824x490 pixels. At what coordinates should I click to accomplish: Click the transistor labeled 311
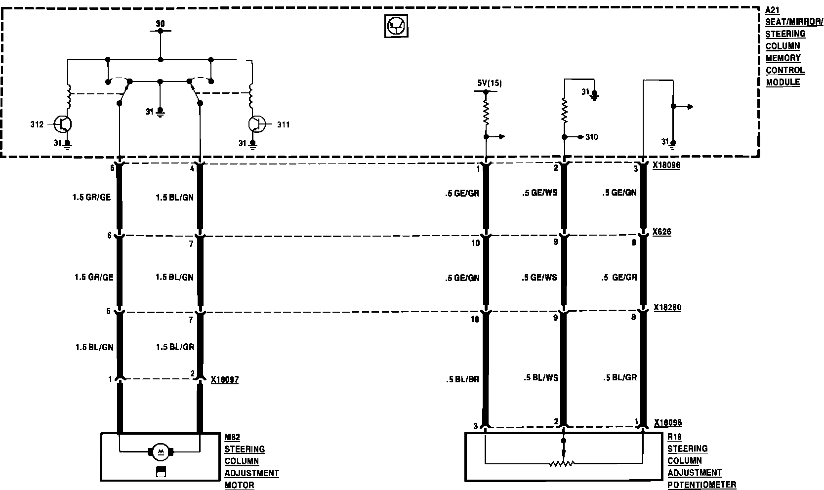[257, 124]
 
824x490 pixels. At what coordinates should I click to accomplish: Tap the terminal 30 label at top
[160, 23]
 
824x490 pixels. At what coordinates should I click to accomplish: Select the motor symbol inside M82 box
[160, 451]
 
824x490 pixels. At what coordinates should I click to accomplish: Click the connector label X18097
[224, 380]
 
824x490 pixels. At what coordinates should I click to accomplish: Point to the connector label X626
[662, 232]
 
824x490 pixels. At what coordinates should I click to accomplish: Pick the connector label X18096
[668, 423]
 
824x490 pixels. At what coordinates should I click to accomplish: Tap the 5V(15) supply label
[489, 83]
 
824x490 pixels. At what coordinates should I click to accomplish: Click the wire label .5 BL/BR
[462, 379]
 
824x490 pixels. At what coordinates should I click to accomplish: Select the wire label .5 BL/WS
[540, 377]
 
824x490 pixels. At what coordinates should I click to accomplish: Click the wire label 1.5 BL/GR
[175, 347]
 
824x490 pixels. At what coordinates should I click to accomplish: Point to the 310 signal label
[591, 137]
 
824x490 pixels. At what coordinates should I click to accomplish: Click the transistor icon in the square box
[397, 26]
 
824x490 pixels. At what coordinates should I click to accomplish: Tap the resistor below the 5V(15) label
[486, 113]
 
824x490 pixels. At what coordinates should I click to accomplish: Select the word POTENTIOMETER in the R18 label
[701, 485]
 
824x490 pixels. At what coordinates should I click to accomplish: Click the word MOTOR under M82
[240, 485]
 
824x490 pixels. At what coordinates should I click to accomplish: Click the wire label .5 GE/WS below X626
[539, 278]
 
